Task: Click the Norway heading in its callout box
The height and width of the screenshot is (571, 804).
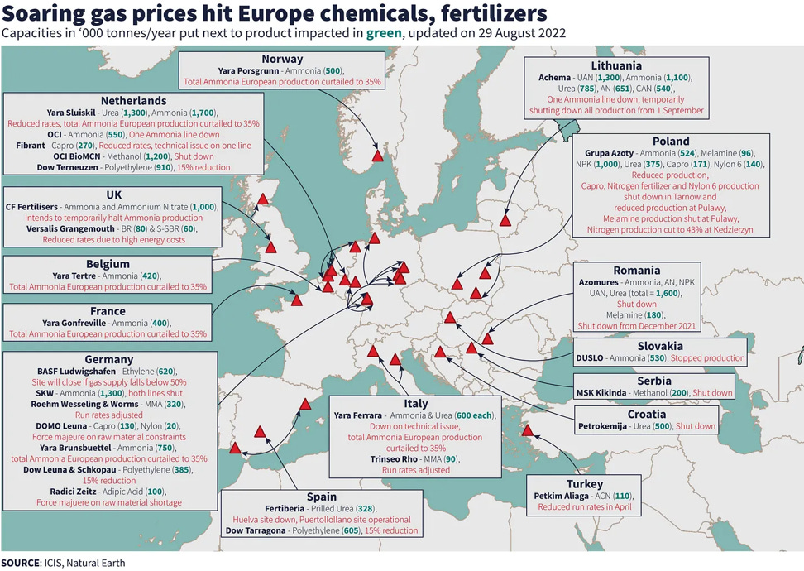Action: point(282,59)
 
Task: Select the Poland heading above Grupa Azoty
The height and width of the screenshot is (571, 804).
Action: point(670,141)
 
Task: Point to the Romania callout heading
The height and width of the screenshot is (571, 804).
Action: point(636,270)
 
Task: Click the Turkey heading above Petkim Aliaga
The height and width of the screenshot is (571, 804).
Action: point(585,483)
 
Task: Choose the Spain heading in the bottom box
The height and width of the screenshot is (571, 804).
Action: point(321,497)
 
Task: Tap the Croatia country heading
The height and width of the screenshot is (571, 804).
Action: point(646,414)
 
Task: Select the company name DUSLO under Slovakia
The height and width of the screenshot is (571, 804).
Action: point(593,358)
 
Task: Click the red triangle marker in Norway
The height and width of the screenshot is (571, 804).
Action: point(377,155)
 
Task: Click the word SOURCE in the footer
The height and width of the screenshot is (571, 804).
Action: point(20,563)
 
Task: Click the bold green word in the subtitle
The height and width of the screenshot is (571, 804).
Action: point(385,34)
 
